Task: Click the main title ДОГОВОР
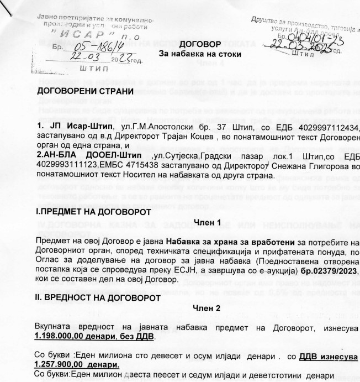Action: (x=196, y=44)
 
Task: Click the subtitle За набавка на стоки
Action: (x=195, y=54)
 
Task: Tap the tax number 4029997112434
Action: (x=333, y=128)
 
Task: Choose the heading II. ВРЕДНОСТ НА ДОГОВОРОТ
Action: (x=98, y=298)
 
